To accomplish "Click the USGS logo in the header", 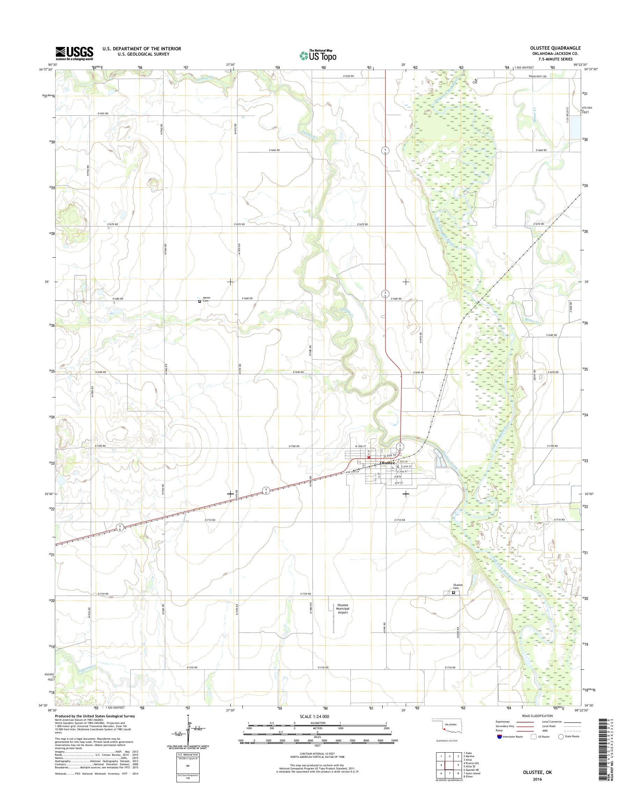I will pyautogui.click(x=74, y=53).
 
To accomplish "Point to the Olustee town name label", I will pyautogui.click(x=387, y=463).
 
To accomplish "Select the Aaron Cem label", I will pyautogui.click(x=206, y=299).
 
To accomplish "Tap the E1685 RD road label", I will pyautogui.click(x=552, y=335).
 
